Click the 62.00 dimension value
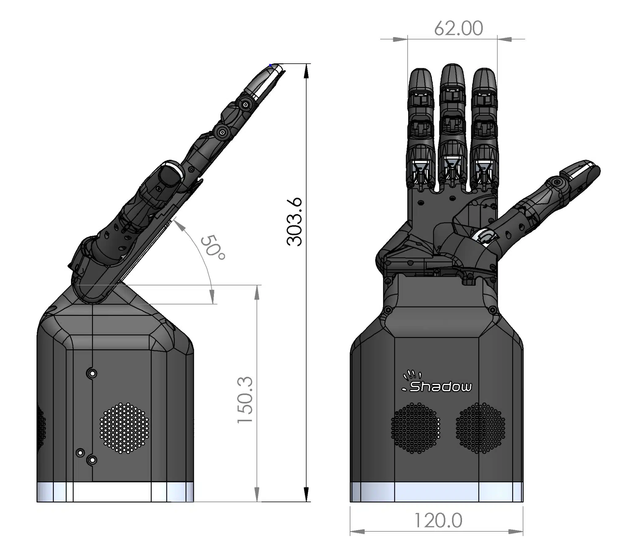[458, 28]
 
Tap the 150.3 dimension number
[245, 400]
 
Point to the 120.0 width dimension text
[438, 521]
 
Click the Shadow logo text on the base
[440, 387]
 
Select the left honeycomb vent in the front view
[416, 428]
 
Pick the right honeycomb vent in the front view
[480, 428]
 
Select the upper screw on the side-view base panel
[92, 374]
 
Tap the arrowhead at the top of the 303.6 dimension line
[306, 71]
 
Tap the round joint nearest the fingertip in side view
[245, 105]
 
